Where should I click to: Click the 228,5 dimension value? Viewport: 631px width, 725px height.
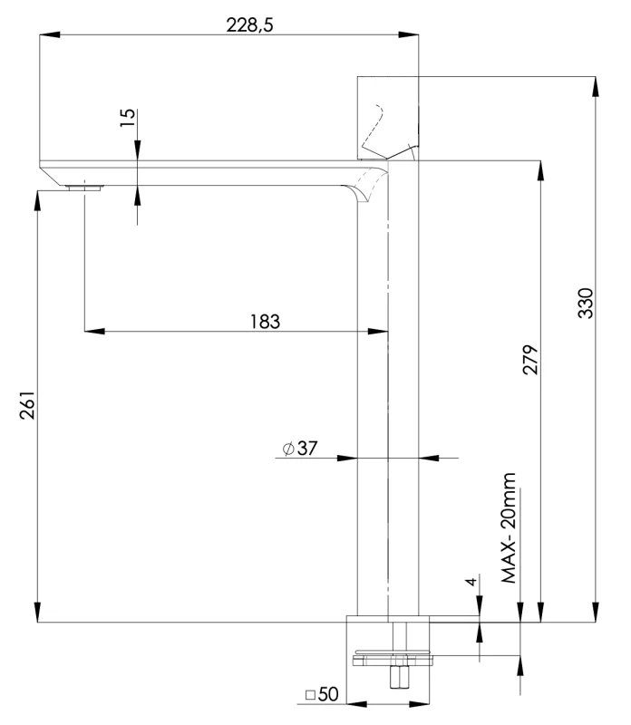249,25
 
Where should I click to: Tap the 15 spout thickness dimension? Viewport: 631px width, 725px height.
128,117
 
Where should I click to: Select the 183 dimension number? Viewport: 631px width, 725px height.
265,321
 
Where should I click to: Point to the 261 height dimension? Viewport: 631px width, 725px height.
26,406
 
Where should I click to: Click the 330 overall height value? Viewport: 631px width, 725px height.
585,303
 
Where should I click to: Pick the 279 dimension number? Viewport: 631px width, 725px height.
531,360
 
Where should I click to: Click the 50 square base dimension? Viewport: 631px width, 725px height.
328,695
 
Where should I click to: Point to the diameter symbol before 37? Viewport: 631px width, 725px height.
287,449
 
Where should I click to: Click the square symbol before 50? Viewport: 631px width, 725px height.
310,696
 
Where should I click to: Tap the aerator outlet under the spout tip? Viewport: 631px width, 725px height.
84,188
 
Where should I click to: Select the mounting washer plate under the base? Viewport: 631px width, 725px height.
396,654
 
